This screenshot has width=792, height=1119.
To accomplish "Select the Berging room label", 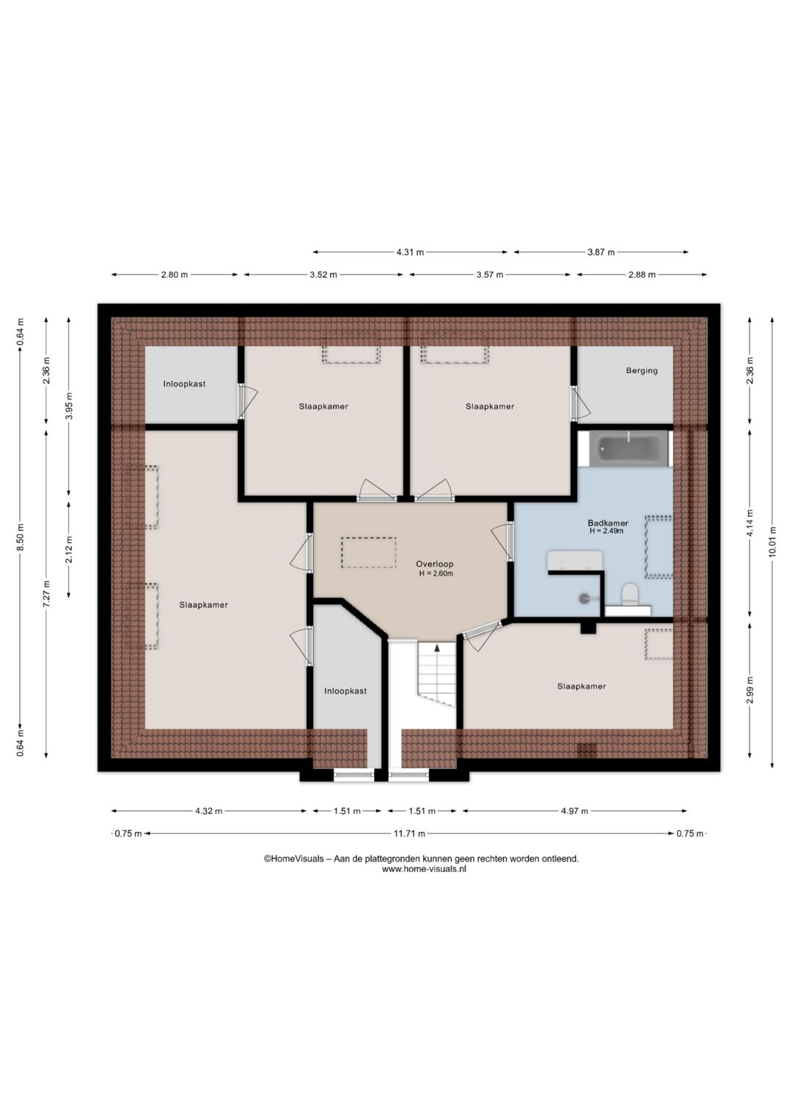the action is pos(642,370).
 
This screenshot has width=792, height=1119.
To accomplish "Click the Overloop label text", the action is pos(435,564).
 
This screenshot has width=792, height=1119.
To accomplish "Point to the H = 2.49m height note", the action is pos(606,531).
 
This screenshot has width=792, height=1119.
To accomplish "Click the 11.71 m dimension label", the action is pos(410,833).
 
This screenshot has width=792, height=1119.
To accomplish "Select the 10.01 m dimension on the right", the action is pos(772,541).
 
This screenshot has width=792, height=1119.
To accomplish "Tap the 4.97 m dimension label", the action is pos(574,811).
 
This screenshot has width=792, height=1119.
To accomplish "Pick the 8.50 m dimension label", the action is pos(20,538).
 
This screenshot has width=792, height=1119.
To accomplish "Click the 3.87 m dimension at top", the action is pos(601,252).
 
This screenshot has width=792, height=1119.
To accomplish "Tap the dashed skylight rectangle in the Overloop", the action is pos(369,552).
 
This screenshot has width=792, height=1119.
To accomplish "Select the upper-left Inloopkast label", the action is pos(184,384).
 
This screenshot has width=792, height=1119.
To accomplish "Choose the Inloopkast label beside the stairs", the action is pos(345,691).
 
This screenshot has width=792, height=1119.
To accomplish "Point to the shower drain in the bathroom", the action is pos(584,597).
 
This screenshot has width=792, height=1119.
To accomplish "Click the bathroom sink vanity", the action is pos(573,560).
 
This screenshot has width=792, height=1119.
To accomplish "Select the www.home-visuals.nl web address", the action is pos(424,869).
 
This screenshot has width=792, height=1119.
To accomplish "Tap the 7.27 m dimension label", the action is pos(46,594).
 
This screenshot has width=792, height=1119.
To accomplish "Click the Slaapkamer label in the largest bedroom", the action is pos(203,605).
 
